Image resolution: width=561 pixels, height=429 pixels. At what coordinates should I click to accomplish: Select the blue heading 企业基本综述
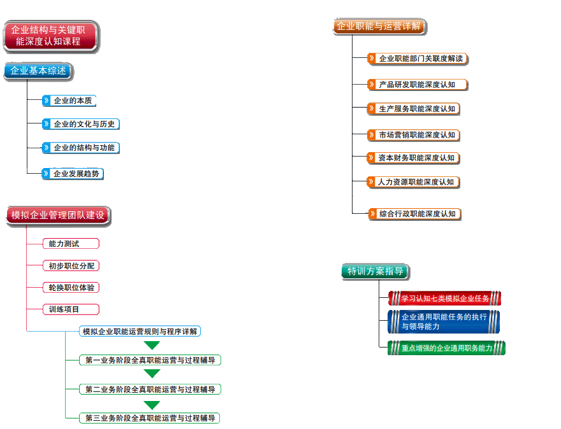38,71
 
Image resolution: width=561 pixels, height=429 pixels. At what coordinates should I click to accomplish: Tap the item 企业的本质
73,101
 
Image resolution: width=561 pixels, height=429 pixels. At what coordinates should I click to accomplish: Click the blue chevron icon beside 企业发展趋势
46,173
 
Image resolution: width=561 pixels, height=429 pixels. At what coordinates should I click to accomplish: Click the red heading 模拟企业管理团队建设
58,215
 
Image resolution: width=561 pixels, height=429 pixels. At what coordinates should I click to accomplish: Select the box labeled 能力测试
71,243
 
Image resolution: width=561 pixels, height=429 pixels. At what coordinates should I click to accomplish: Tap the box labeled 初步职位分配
71,265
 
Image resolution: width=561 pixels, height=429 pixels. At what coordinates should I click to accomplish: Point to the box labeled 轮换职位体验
71,288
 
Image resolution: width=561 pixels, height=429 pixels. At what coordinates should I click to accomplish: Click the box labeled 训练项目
71,309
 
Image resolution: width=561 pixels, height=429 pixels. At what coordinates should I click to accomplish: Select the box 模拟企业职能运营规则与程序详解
140,331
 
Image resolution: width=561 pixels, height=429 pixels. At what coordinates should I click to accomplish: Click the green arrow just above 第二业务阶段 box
152,374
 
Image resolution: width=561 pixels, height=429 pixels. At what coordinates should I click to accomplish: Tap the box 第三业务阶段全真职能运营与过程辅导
149,418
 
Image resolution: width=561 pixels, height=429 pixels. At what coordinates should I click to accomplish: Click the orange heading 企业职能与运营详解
379,27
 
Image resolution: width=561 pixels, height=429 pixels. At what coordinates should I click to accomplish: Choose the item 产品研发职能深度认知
417,84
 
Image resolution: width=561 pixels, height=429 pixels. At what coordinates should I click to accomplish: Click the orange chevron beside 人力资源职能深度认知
371,181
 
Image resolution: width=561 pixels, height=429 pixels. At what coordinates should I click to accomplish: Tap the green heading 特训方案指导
375,271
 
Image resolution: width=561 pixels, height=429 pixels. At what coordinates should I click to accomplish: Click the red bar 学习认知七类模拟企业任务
444,298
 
